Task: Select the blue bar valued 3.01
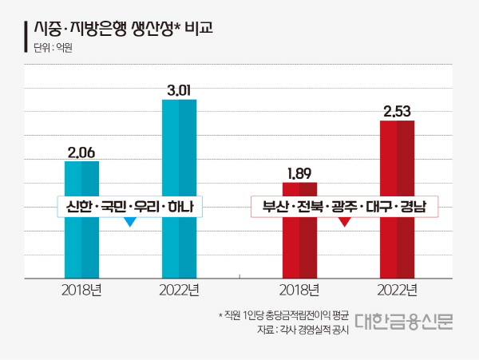tap(179, 160)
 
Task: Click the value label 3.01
tap(179, 90)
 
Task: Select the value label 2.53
tap(397, 112)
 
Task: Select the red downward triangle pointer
tap(346, 223)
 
